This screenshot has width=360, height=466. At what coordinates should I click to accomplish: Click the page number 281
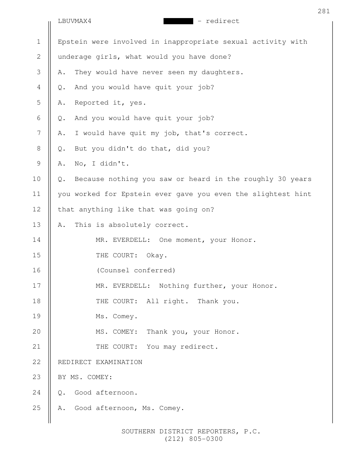tap(323, 11)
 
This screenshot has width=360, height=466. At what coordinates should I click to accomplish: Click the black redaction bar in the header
tap(178, 21)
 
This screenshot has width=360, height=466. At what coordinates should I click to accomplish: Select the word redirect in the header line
tap(222, 21)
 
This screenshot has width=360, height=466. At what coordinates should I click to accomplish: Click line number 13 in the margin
tap(38, 225)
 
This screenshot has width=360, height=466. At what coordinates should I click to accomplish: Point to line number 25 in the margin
tap(38, 408)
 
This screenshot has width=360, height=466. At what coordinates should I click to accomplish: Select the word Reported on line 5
tap(91, 103)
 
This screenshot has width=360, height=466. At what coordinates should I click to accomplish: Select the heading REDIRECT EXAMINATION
tap(100, 362)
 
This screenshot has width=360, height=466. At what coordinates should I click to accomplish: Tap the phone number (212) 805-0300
tap(194, 440)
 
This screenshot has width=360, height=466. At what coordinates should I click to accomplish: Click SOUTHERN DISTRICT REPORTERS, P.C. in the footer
tap(191, 432)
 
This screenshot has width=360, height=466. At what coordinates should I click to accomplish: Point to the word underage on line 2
tap(75, 57)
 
